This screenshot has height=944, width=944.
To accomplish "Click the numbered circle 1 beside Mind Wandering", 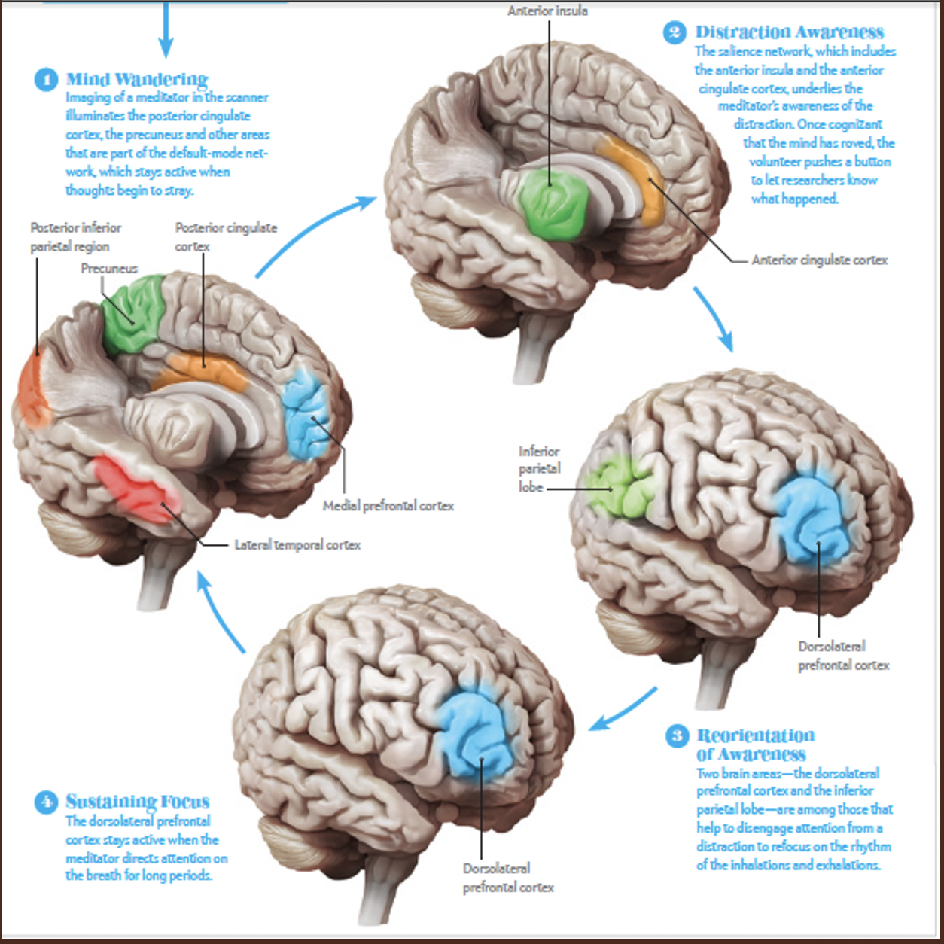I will (46, 79).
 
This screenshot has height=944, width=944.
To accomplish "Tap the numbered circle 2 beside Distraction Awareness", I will (674, 32).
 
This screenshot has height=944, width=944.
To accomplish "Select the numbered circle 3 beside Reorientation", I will (677, 735).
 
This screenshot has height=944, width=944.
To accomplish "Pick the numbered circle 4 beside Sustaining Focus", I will (46, 802).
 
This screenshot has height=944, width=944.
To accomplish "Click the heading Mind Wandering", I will (137, 79).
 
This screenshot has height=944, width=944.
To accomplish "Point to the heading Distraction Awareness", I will (789, 32).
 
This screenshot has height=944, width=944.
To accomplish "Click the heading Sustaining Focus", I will (137, 801).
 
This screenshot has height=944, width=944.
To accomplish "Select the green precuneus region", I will (132, 315).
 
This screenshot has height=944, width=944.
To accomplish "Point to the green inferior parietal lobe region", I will (622, 489).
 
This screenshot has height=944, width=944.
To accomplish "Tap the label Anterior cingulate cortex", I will (819, 260).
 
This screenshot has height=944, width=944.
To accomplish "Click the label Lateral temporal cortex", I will (297, 545).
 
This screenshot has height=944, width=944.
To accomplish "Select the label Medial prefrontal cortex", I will (388, 506).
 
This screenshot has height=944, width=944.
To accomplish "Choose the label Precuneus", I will (109, 269).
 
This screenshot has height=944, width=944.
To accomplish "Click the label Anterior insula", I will (547, 11).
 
